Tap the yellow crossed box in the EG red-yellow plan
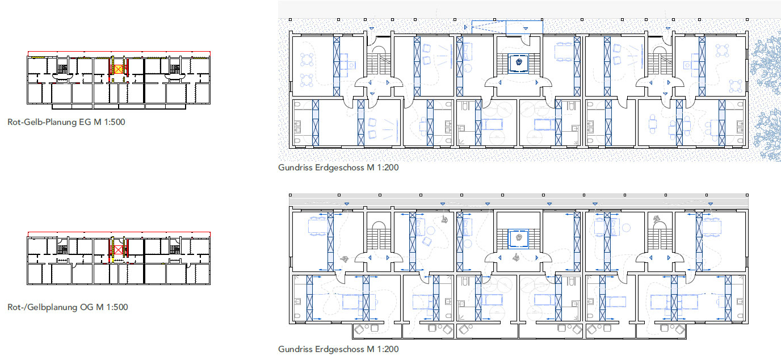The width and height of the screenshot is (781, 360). click(x=119, y=69)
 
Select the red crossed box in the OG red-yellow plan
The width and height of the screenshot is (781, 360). click(x=118, y=249)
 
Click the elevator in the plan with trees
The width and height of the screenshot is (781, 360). click(x=519, y=64)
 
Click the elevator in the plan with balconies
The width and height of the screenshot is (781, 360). click(x=519, y=239)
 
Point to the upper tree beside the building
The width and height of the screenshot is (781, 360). click(x=767, y=62)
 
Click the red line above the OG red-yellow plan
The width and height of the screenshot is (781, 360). click(x=119, y=232)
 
